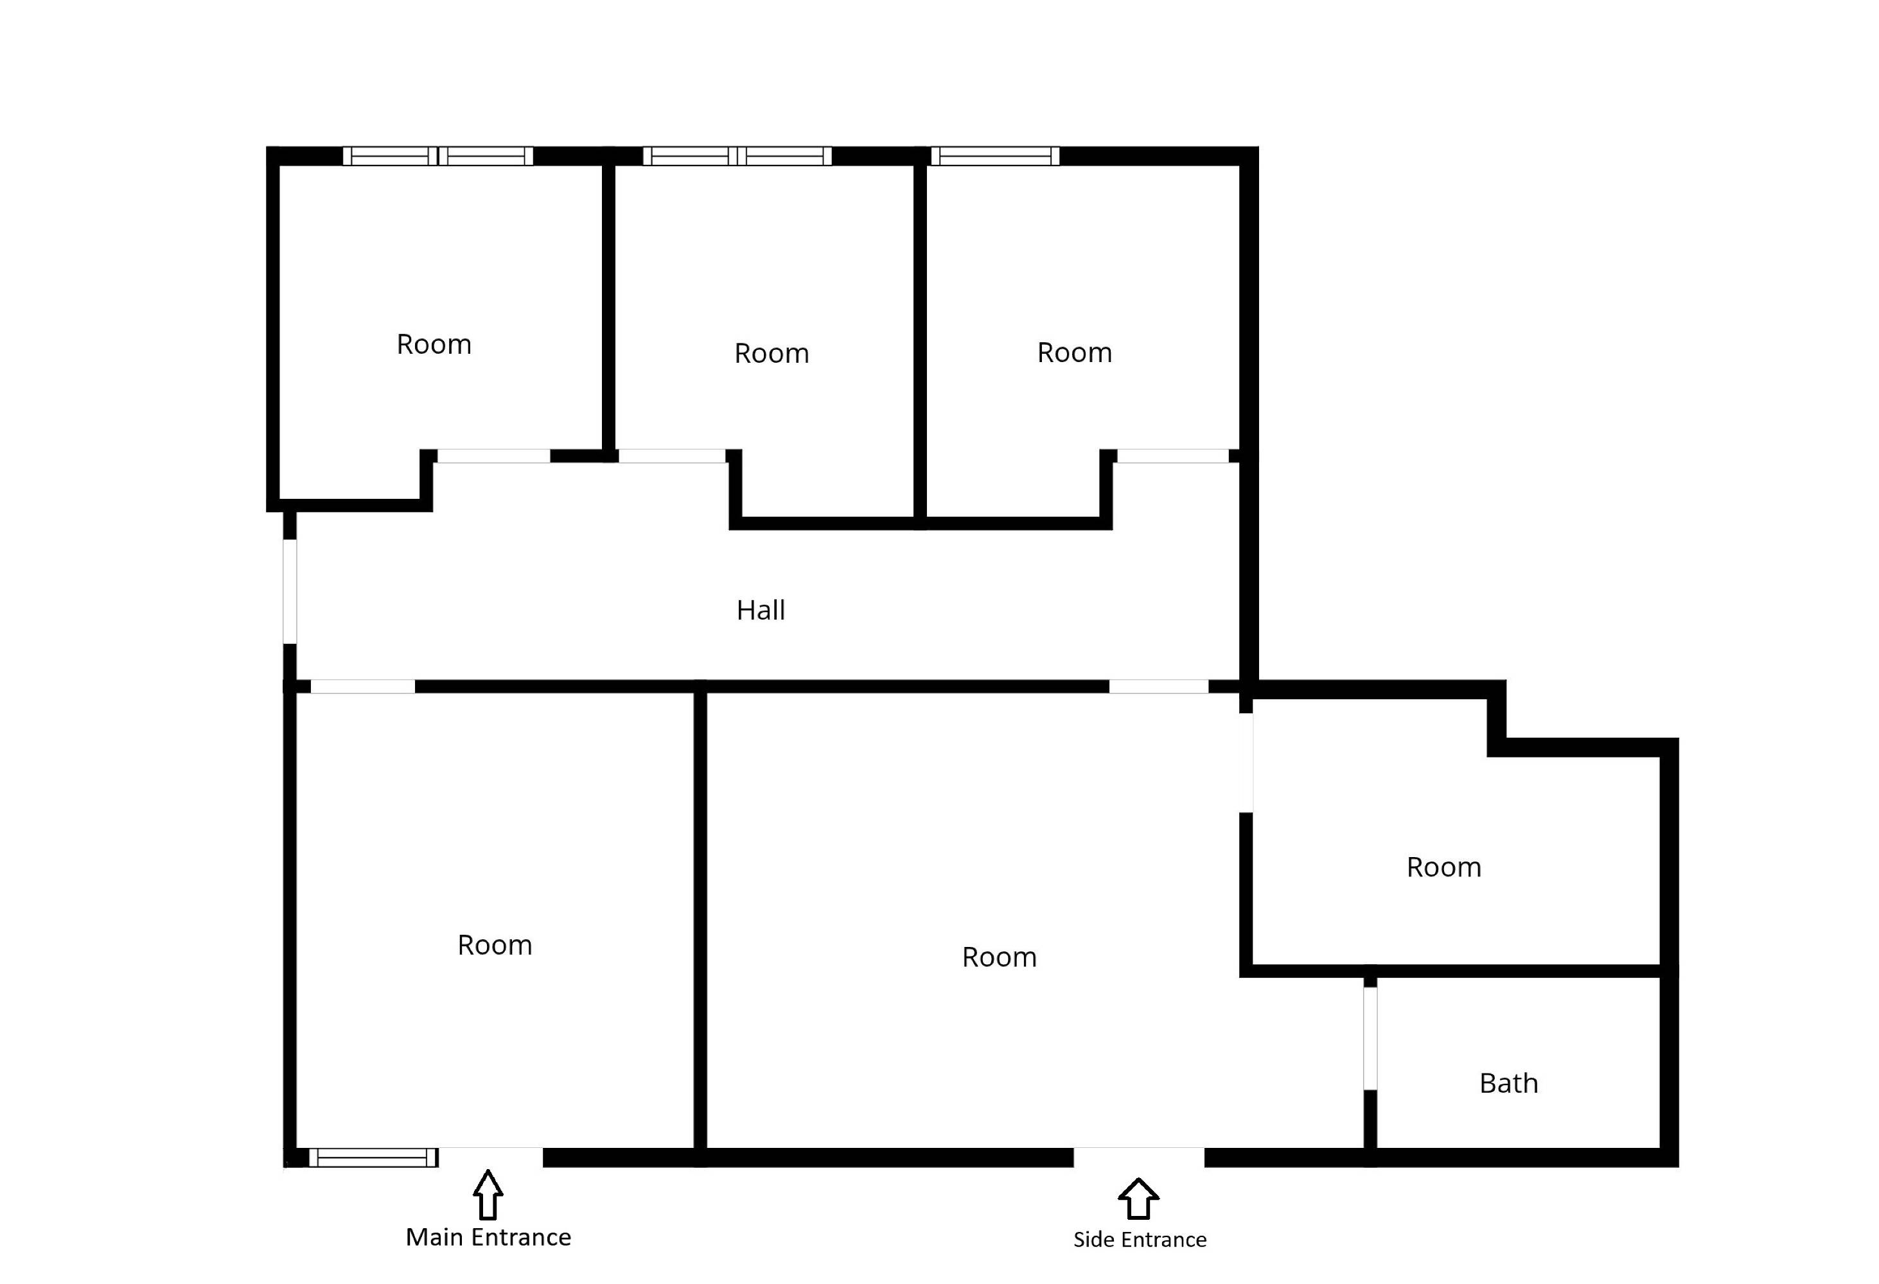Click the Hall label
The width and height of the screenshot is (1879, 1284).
point(760,610)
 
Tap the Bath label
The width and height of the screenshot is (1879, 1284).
point(1509,1083)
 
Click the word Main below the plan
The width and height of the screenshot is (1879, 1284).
point(434,1237)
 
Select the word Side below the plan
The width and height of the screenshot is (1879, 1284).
point(1093,1240)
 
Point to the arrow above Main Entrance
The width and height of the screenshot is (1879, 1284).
point(488,1194)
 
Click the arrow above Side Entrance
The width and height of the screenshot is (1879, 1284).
point(1138,1199)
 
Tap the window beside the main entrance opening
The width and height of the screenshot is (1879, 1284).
point(373,1157)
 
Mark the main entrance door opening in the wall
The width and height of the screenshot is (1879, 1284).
point(491,1157)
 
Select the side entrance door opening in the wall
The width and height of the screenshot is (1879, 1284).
point(1138,1157)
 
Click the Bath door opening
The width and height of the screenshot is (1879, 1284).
point(1370,1038)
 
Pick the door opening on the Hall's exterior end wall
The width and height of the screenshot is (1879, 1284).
point(290,591)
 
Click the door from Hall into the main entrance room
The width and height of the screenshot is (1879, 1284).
point(363,686)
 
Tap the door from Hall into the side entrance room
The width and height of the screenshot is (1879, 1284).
point(1159,686)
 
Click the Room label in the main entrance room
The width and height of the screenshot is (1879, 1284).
point(495,946)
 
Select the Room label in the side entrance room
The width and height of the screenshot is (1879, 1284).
point(1000,958)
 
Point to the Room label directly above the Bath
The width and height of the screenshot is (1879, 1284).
point(1444,867)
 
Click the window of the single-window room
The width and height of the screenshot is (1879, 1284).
point(995,156)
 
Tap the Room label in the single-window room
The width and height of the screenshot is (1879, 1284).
point(1075,352)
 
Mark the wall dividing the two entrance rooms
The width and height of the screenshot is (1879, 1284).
point(700,921)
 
